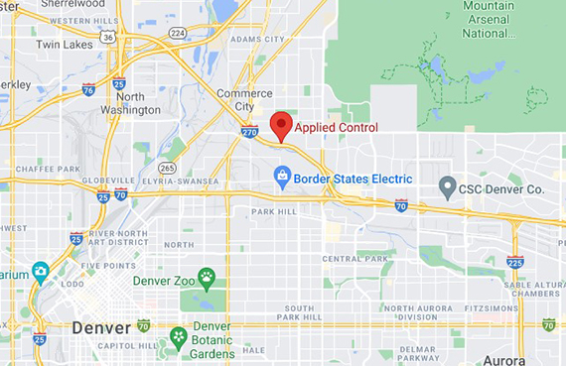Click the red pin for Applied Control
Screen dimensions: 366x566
[x=282, y=125]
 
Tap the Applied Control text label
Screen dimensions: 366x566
[x=336, y=128]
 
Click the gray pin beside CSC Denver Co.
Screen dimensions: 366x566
[x=448, y=186]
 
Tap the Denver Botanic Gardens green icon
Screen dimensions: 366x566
[x=179, y=337]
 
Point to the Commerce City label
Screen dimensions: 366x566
[x=244, y=99]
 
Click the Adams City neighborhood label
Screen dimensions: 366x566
[x=256, y=39]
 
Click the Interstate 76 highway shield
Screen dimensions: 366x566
[x=88, y=88]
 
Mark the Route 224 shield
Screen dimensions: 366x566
[x=178, y=32]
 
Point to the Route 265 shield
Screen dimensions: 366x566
[x=168, y=169]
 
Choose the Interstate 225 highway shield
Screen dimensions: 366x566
[x=514, y=262]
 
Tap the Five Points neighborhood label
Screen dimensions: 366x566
[x=103, y=266]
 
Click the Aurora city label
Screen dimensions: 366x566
[x=503, y=359]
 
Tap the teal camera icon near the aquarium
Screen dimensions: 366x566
[x=40, y=271]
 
